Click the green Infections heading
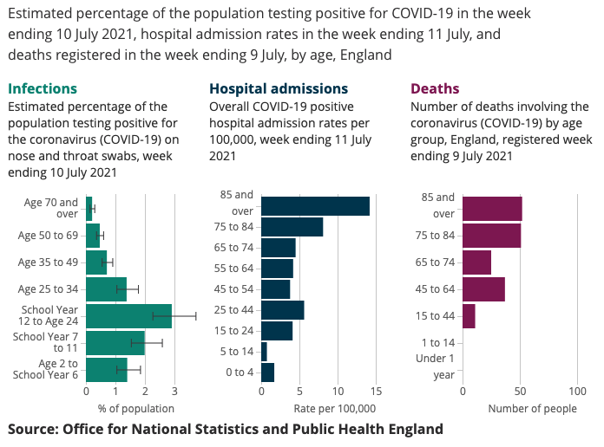point(43,88)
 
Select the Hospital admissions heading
point(279,88)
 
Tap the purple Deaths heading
point(435,88)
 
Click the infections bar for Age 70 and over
point(89,209)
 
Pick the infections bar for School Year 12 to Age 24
point(128,316)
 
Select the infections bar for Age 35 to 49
point(96,262)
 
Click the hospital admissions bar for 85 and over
point(315,206)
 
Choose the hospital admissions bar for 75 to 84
point(292,227)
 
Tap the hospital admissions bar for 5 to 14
point(264,352)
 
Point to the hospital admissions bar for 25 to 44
point(282,310)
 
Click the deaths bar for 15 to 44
point(469,316)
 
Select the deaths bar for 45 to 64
point(483,289)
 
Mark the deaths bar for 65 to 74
point(476,262)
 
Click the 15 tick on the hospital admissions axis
point(376,392)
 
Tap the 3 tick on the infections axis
point(174,392)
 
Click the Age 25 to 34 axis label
point(49,288)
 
